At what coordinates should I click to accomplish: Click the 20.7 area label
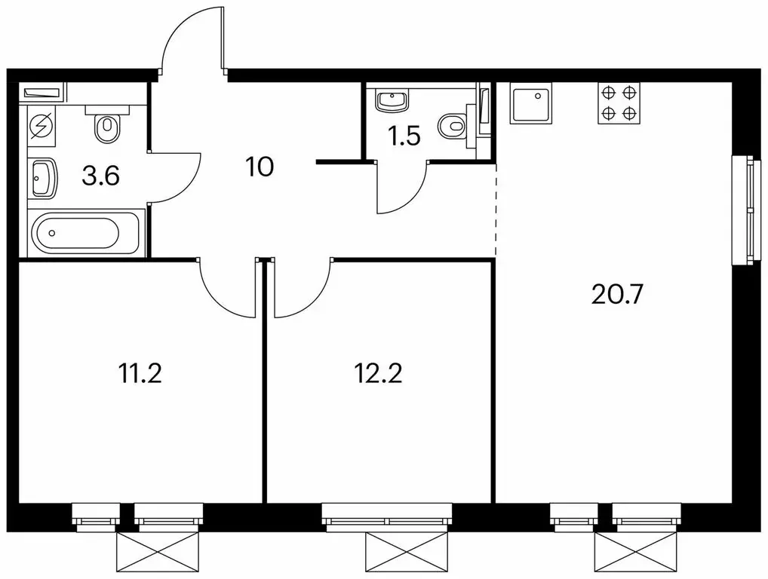616,294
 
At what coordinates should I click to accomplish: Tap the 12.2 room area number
378,374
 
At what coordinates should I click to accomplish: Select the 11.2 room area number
140,374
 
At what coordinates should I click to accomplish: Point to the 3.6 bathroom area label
101,176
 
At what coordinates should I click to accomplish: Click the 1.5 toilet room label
404,136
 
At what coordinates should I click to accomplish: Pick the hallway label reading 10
260,167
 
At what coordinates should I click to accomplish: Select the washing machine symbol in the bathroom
41,125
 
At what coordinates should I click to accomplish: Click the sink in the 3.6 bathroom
42,177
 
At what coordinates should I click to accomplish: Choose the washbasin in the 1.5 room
392,100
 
